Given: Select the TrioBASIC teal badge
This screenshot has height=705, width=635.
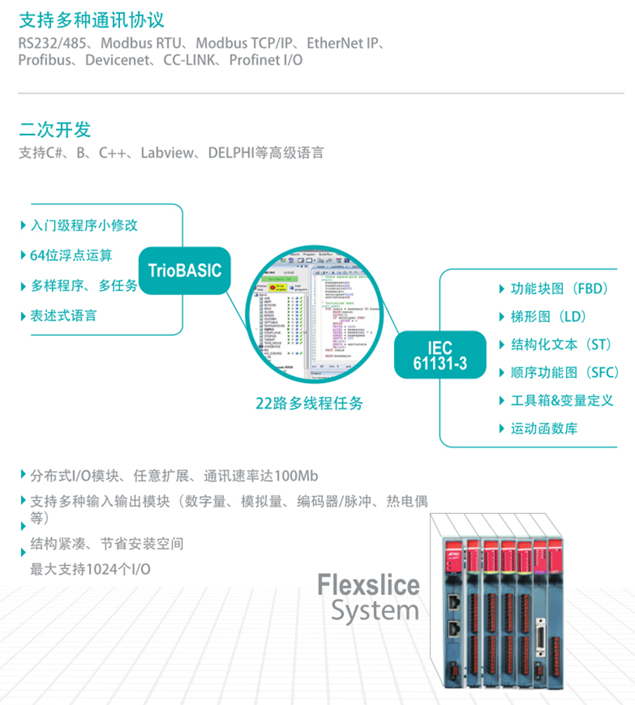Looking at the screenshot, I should (x=184, y=270).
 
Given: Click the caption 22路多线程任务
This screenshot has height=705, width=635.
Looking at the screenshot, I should (x=309, y=403).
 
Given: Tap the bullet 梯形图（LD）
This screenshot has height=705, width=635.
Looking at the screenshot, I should (x=547, y=317).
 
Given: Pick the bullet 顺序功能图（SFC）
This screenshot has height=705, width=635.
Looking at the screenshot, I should (x=565, y=372).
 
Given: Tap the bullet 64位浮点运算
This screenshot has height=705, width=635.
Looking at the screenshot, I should (x=71, y=255).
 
